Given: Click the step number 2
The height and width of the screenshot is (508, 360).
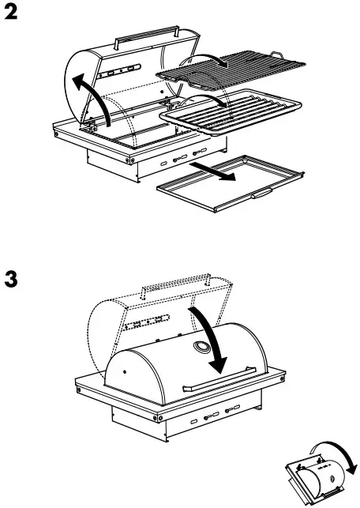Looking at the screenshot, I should pos(13,13).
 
